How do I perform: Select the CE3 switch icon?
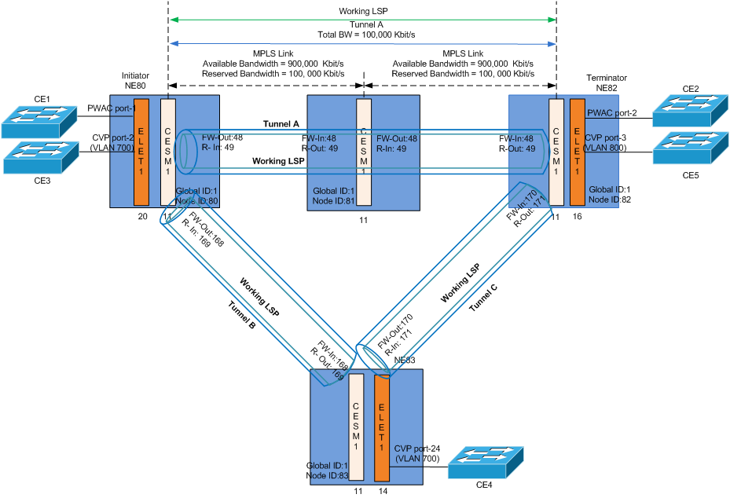tap(40, 157)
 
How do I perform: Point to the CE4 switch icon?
tap(487, 463)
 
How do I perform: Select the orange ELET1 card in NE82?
tap(578, 151)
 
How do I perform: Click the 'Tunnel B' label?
tap(242, 314)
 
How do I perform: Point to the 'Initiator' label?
tap(135, 76)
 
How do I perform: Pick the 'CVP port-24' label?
tap(417, 449)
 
